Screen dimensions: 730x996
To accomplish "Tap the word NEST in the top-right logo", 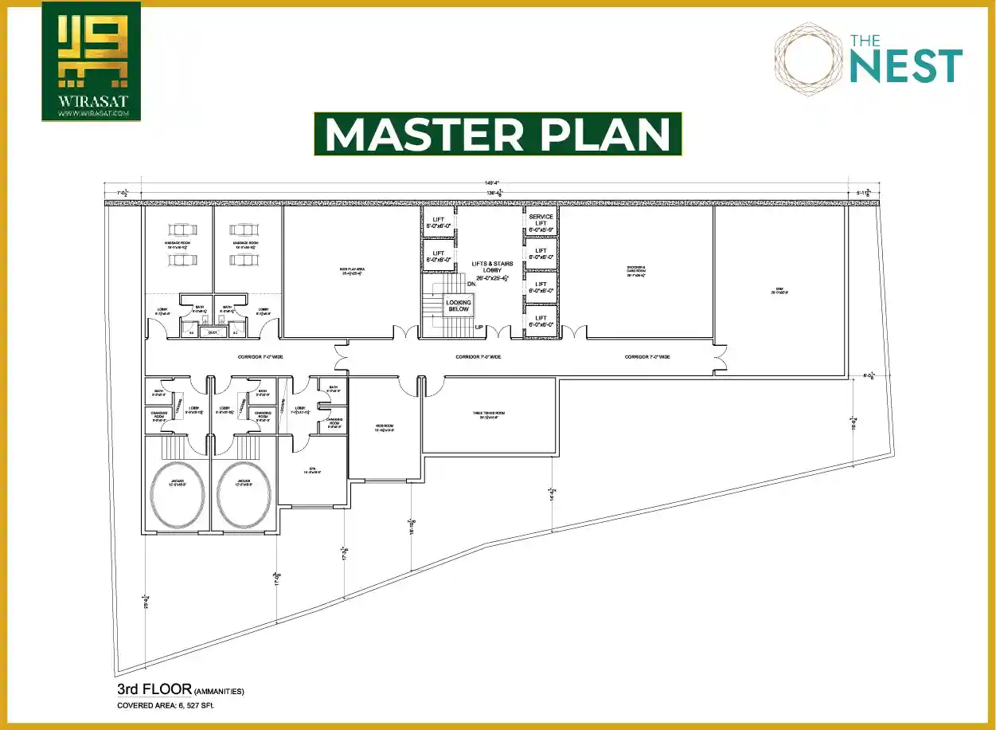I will [x=905, y=65].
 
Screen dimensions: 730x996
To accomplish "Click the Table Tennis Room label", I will [x=489, y=414].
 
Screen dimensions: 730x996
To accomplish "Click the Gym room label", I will [x=779, y=290].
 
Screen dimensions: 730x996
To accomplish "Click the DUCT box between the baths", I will [x=213, y=332].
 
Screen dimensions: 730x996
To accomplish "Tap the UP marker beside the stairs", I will [x=479, y=327].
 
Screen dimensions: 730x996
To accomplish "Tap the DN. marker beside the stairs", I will [x=471, y=282].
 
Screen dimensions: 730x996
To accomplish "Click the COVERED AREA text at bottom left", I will [x=165, y=706].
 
